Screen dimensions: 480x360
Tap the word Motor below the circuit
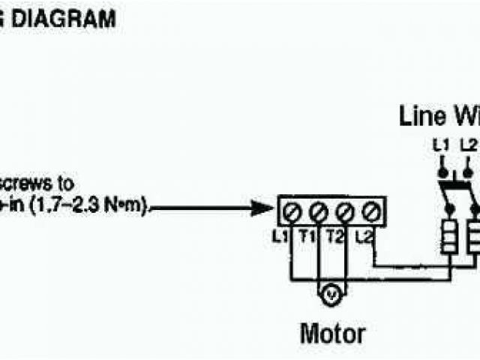point(333,333)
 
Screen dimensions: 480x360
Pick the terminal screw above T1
point(317,210)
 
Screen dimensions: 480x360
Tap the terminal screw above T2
point(344,210)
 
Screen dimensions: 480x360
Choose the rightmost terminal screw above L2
point(370,210)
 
